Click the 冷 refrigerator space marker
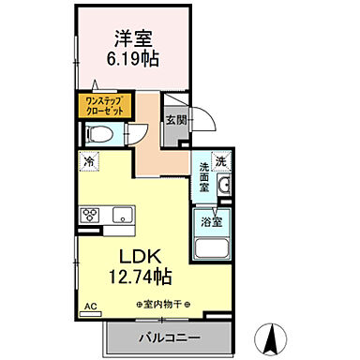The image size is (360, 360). click(87, 161)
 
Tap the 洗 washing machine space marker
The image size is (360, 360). click(221, 161)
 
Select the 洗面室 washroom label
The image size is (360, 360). click(205, 178)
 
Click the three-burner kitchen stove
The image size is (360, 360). click(91, 215)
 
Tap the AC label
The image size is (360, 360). click(91, 307)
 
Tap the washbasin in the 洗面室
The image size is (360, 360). click(224, 187)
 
